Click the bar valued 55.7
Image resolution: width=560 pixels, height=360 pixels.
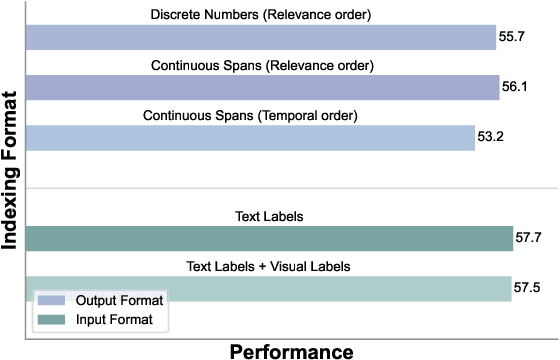coord(260,38)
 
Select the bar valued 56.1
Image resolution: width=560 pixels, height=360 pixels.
coord(262,87)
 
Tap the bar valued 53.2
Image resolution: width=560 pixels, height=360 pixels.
coord(249,136)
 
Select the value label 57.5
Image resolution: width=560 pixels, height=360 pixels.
coord(528,287)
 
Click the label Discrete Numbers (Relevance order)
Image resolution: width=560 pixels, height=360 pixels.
coord(262,16)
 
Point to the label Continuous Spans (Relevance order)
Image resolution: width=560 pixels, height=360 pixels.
coord(262,65)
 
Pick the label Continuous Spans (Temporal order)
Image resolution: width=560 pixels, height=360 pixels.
coord(262,114)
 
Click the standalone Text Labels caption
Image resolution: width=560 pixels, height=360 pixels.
coord(262,215)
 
